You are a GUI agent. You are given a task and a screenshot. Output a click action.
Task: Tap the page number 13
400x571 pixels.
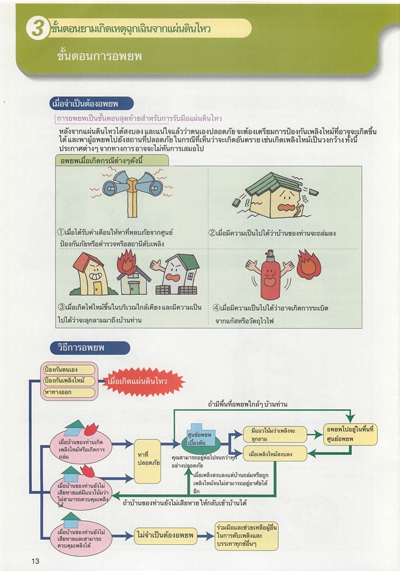[x=35, y=560]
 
